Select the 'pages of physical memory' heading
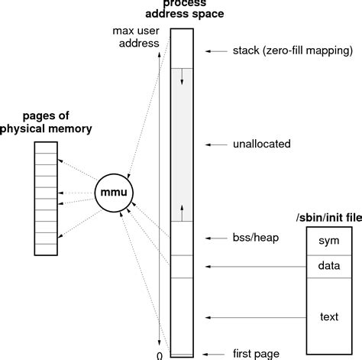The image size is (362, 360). coord(47,123)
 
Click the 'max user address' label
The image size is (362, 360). coord(134,39)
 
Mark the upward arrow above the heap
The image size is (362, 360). coord(182,211)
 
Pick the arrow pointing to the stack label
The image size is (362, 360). coord(217,51)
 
